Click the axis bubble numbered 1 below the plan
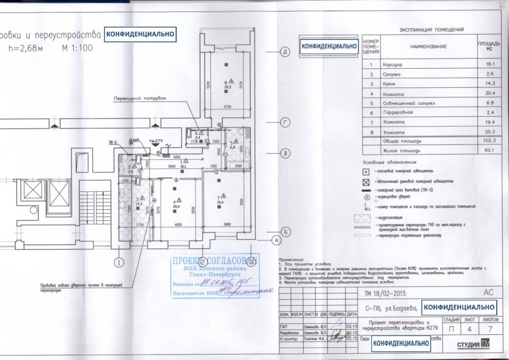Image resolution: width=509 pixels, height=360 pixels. pyautogui.click(x=119, y=260)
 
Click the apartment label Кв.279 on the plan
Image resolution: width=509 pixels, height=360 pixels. pyautogui.click(x=154, y=141)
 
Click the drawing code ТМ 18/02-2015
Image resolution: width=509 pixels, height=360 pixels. pyautogui.click(x=385, y=292)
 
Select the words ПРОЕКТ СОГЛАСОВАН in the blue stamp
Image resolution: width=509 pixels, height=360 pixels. pyautogui.click(x=211, y=261)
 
